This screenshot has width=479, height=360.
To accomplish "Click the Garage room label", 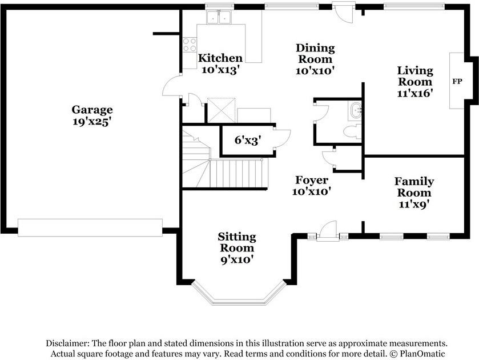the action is pos(92,110).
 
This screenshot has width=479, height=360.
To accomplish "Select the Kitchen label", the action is pos(220,58).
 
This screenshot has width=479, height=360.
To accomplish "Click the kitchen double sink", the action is pos(219,17).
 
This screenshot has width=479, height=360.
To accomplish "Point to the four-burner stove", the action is pos(190,45).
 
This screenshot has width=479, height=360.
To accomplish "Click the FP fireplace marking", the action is pos(457,81).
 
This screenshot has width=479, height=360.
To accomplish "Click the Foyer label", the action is pos(312,180).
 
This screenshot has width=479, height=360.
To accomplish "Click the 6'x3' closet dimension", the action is pos(248,140).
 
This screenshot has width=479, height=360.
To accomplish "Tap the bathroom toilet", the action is pos(352,132).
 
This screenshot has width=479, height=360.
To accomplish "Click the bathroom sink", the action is pos(356,111).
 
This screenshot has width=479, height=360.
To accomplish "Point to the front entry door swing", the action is pos(327,229).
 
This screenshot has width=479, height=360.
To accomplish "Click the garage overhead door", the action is pos(90,227).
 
